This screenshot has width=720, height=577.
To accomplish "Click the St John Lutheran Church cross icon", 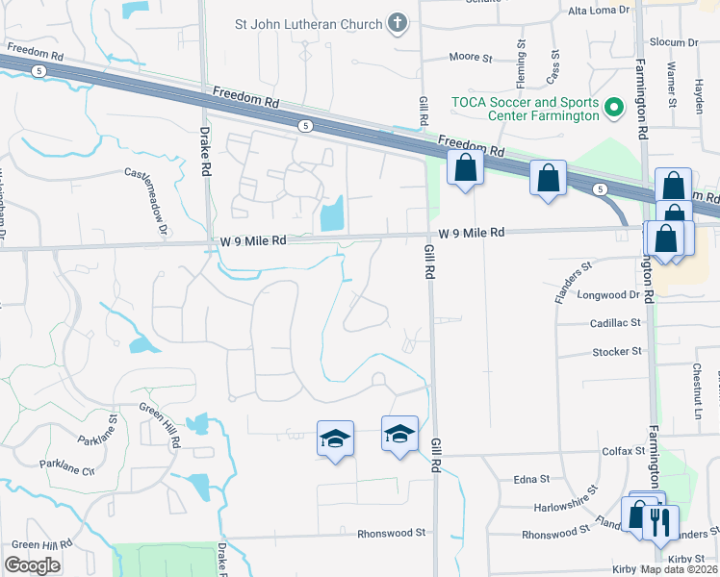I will pyautogui.click(x=397, y=23).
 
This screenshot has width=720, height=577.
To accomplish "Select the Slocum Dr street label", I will pyautogui.click(x=673, y=43).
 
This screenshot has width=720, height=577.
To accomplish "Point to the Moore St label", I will pyautogui.click(x=472, y=58).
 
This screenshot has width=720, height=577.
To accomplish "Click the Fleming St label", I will pyautogui.click(x=522, y=59).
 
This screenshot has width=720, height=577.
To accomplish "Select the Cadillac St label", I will pyautogui.click(x=616, y=323).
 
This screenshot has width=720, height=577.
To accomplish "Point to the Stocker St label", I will pyautogui.click(x=616, y=352).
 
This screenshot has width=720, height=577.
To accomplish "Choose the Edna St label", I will pyautogui.click(x=530, y=478).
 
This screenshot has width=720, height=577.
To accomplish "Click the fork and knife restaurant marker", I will pyautogui.click(x=659, y=523).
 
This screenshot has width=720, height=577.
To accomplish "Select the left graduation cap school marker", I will pyautogui.click(x=335, y=439).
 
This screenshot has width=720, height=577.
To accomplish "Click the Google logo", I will pyautogui.click(x=33, y=565).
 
